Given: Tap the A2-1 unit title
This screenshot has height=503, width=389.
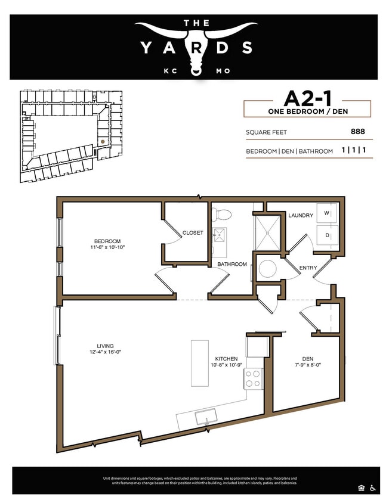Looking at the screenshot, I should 307,98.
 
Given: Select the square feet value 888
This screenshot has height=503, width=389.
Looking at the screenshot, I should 358,132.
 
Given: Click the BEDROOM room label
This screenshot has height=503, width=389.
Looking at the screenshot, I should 107,241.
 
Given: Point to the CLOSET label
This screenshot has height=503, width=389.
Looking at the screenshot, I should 193,232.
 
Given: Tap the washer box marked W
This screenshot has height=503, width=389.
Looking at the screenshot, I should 326,213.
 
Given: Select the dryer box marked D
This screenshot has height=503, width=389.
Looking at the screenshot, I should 326,235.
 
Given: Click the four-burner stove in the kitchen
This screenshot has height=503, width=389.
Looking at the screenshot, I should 254,378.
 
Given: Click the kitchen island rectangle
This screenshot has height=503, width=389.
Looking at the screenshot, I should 199,363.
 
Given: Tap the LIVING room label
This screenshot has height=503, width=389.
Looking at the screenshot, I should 105,346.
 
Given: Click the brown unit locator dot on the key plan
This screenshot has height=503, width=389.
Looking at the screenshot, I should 102,141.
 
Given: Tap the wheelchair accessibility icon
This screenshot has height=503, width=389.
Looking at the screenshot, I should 373,486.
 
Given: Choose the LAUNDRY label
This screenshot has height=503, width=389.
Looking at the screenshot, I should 300,215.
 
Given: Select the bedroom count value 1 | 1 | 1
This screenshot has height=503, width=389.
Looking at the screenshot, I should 354,151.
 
